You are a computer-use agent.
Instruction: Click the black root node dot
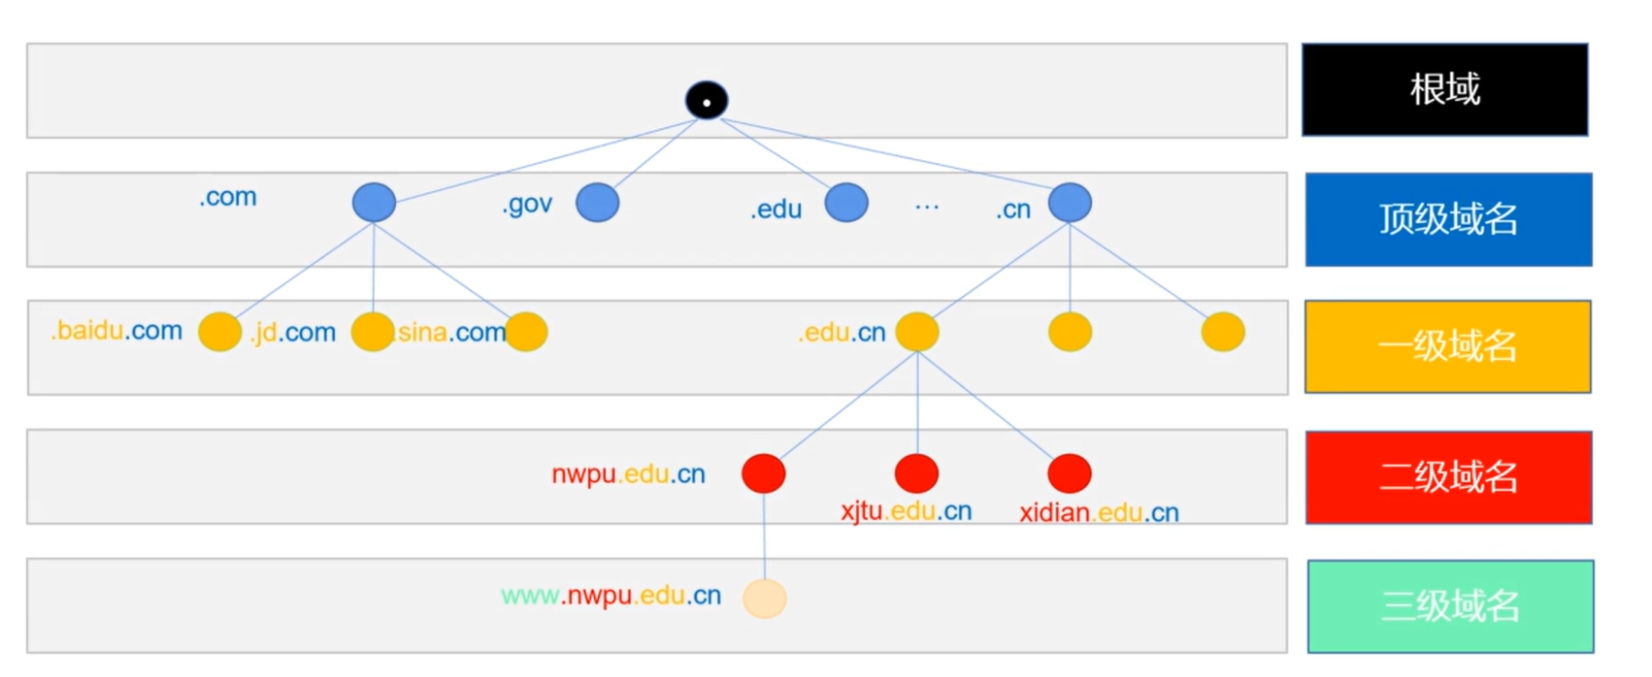[707, 100]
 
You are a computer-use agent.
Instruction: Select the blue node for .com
[374, 202]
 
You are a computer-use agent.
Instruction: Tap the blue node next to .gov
[597, 203]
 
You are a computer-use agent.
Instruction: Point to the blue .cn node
[1071, 202]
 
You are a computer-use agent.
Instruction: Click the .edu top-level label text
[776, 210]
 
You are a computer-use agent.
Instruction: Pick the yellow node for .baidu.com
[219, 332]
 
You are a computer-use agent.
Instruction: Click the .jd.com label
[293, 333]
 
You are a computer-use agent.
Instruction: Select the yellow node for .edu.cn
[917, 332]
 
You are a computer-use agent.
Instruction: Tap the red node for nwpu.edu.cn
[763, 473]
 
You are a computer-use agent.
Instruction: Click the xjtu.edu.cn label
[907, 510]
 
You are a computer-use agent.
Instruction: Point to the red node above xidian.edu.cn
[1070, 473]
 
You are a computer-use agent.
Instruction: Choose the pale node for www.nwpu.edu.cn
[765, 598]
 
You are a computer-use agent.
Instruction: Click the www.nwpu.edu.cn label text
[611, 596]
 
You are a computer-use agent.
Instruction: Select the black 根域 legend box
[1444, 89]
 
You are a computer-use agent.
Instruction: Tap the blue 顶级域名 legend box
[1448, 219]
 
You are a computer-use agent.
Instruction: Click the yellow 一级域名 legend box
[1448, 346]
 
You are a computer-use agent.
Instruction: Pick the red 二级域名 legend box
[1448, 477]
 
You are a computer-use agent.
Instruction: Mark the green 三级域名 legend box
[1451, 606]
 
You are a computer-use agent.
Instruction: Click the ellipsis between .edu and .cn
[927, 207]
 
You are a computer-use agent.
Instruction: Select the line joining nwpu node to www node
[764, 535]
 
